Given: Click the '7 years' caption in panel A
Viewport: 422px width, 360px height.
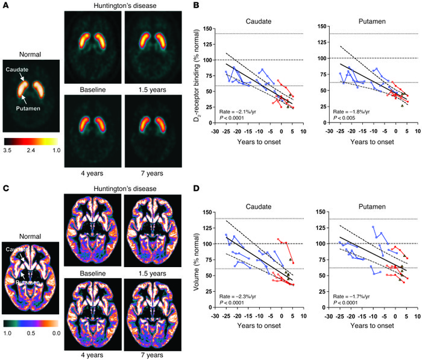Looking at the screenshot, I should [148, 172].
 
